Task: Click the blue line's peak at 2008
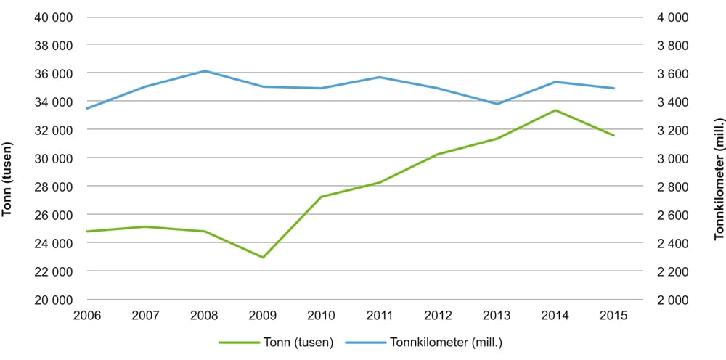click(204, 71)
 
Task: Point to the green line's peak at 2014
click(555, 110)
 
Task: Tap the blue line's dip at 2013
click(497, 104)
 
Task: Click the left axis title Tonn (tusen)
click(8, 178)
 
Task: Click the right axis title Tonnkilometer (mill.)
click(718, 179)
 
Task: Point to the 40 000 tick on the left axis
click(54, 17)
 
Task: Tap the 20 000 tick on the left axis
click(54, 300)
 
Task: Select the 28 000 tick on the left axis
click(54, 187)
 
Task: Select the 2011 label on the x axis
click(380, 315)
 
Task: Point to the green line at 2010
click(321, 197)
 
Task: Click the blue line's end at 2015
click(614, 89)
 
